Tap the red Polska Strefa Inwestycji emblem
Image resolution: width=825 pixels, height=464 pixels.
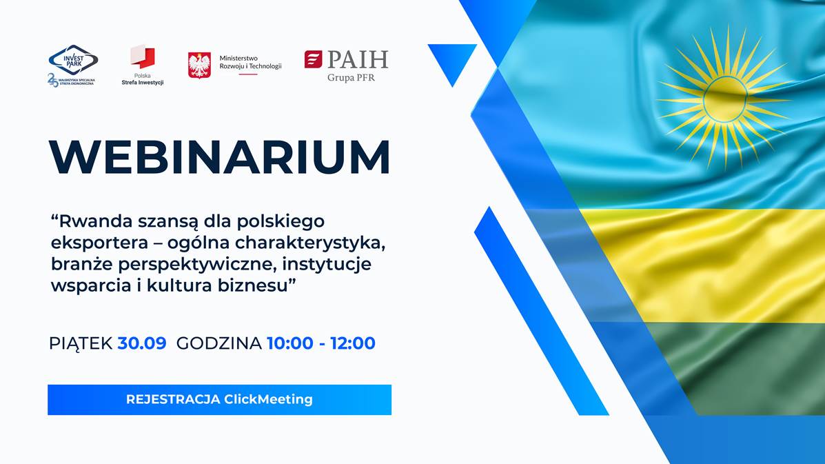point(143,57)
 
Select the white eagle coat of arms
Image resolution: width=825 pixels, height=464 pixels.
point(199,65)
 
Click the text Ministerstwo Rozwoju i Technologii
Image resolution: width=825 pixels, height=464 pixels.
point(250,62)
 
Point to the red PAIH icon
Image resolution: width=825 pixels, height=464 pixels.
point(313,59)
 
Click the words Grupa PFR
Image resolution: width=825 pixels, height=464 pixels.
point(351,78)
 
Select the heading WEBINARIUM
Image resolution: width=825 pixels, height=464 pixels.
point(219,157)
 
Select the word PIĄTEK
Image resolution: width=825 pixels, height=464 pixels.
point(81,343)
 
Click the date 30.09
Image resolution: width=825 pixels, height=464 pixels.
point(142,343)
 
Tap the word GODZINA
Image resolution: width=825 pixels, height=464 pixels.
point(219,343)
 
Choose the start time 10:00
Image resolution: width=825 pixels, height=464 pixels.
point(290,343)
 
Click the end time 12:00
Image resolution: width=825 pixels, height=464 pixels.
point(352,343)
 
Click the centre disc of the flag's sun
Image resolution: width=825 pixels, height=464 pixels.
point(725,99)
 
